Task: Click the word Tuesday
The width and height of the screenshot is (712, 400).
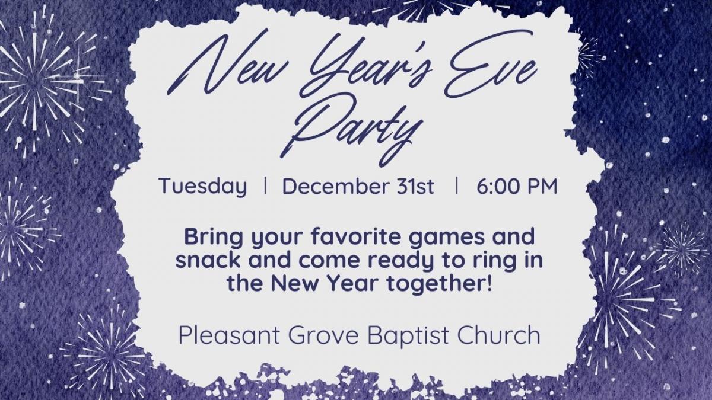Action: (203, 186)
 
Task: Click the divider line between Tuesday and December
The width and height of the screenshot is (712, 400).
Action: (265, 185)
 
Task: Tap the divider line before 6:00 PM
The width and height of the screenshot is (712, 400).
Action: (457, 185)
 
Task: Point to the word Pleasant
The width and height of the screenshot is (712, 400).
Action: (229, 335)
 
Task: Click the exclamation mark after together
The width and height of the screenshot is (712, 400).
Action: (489, 283)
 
